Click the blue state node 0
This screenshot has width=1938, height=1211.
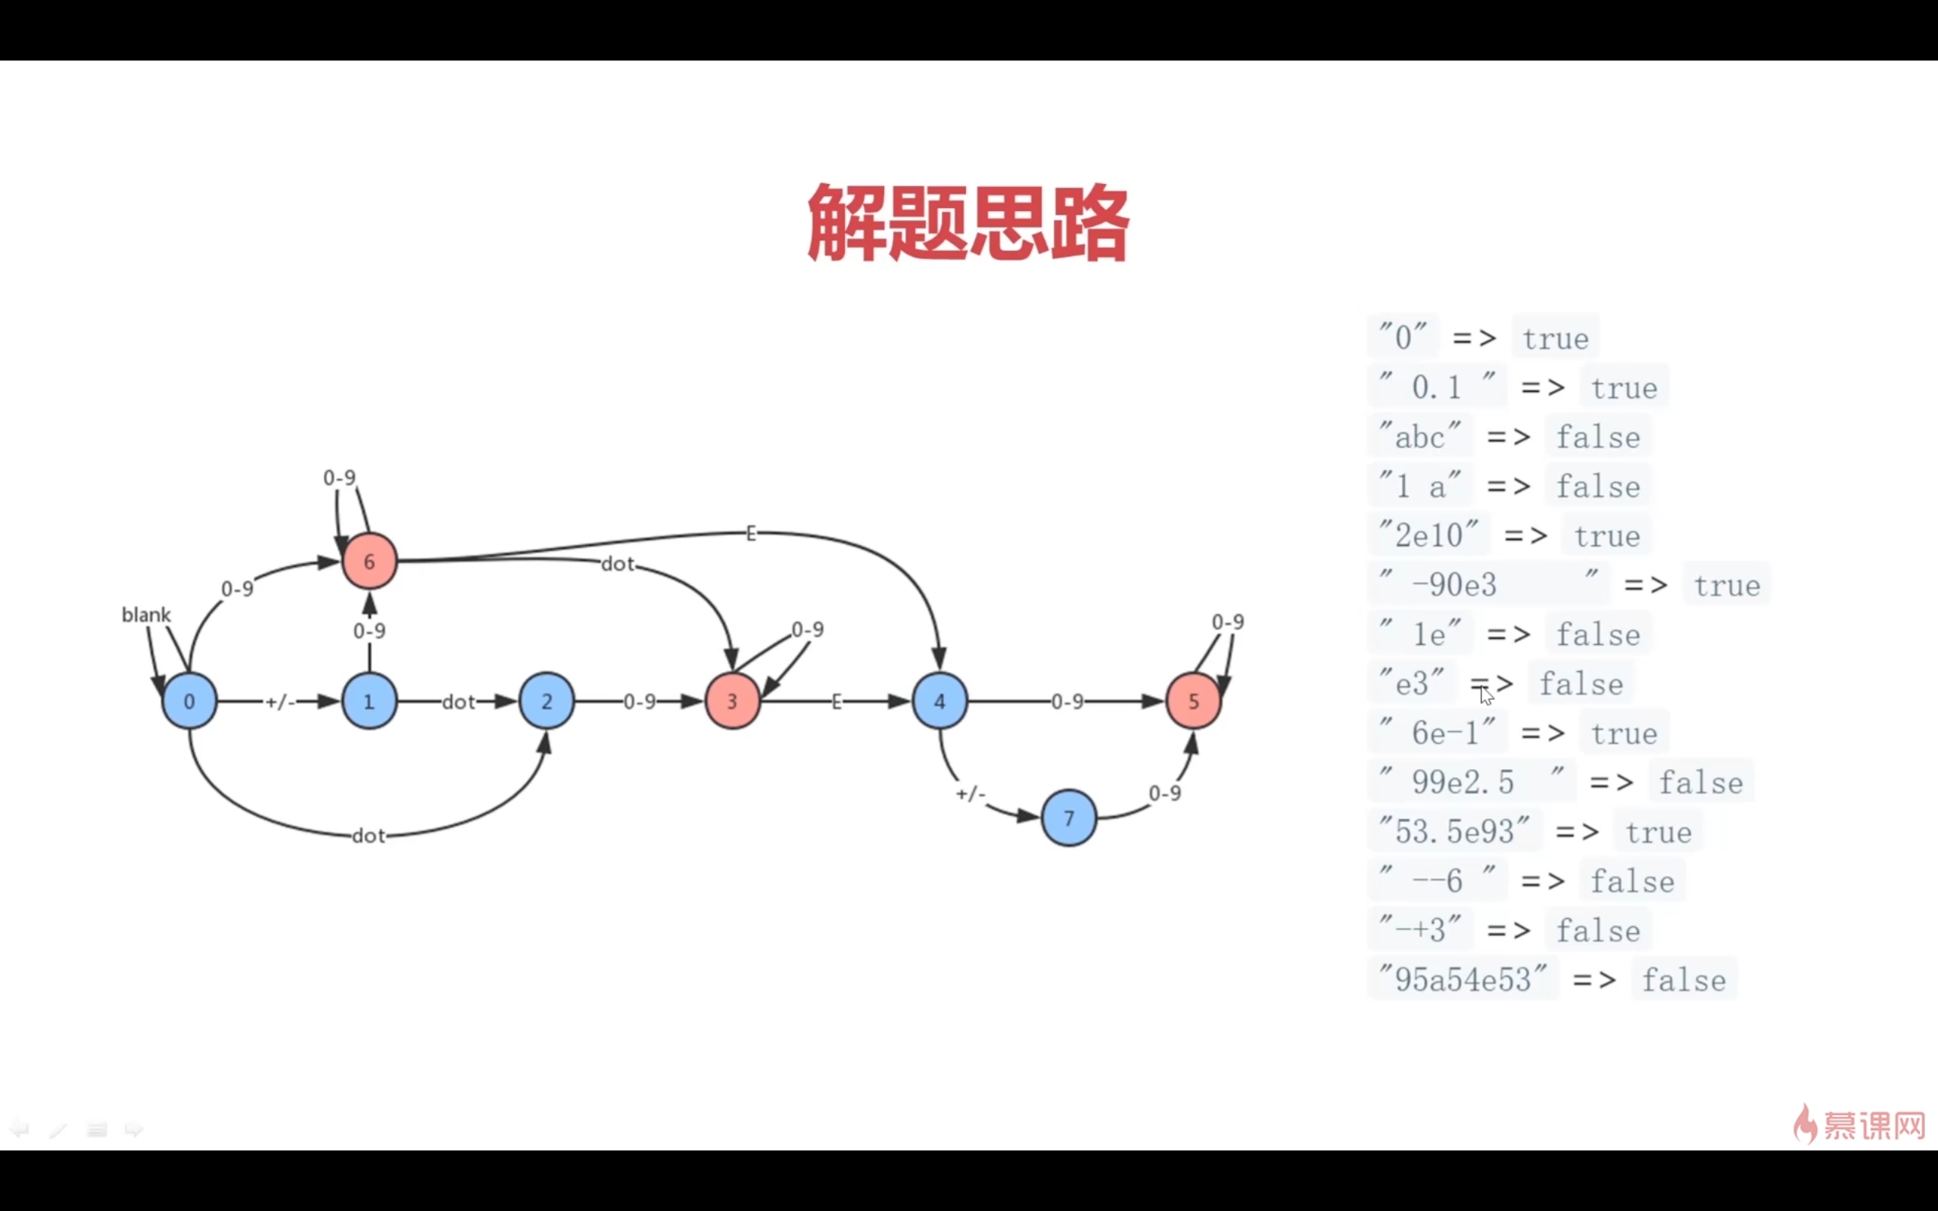[189, 701]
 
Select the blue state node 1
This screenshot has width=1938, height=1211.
[369, 701]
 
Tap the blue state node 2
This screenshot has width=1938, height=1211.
[547, 701]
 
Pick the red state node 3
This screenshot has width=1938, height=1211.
[732, 701]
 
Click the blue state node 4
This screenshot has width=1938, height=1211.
[939, 701]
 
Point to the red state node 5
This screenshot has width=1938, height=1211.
[1193, 701]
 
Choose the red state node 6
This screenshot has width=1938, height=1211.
[369, 561]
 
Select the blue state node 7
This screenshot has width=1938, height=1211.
[1068, 817]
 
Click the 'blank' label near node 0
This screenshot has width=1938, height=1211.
[146, 615]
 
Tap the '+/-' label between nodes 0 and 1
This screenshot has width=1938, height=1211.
[280, 702]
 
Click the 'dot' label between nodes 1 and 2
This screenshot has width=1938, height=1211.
[459, 702]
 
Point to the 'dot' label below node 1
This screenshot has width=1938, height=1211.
[369, 836]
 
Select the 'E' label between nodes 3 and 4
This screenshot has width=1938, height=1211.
[837, 702]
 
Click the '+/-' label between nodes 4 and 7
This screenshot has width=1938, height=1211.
[971, 794]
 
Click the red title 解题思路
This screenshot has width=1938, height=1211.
[968, 222]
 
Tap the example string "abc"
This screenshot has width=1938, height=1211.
[1420, 437]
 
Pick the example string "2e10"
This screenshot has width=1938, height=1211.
[1429, 535]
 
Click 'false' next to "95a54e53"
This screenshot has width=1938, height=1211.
[1684, 979]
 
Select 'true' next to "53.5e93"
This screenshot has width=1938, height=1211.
[1659, 831]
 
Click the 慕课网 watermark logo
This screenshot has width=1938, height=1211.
[1859, 1125]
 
